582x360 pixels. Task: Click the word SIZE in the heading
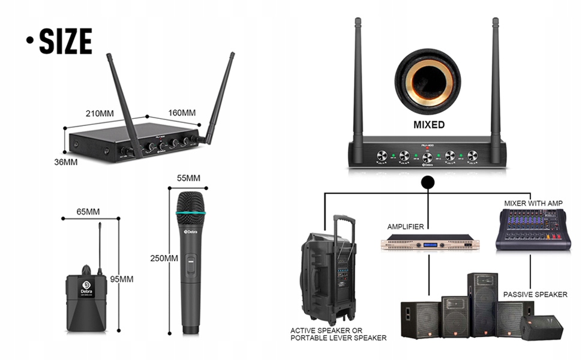point(65,41)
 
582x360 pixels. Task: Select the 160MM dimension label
point(181,113)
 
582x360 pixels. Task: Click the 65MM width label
point(88,212)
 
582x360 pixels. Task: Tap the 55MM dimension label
point(188,178)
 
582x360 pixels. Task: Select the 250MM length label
point(164,258)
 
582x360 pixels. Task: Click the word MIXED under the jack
point(429,125)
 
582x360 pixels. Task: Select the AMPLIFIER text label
point(406,227)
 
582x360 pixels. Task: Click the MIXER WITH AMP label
point(533,203)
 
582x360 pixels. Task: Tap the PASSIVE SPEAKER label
point(535,295)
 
